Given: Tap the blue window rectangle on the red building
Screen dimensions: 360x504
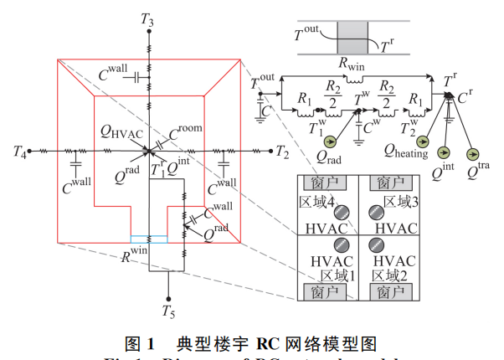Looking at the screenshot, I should pos(149,239).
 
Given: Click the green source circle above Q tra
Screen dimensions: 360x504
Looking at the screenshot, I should pos(473,151).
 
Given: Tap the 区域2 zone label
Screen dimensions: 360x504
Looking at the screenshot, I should pos(389,275).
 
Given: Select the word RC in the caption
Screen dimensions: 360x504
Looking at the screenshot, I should pos(256,343).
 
